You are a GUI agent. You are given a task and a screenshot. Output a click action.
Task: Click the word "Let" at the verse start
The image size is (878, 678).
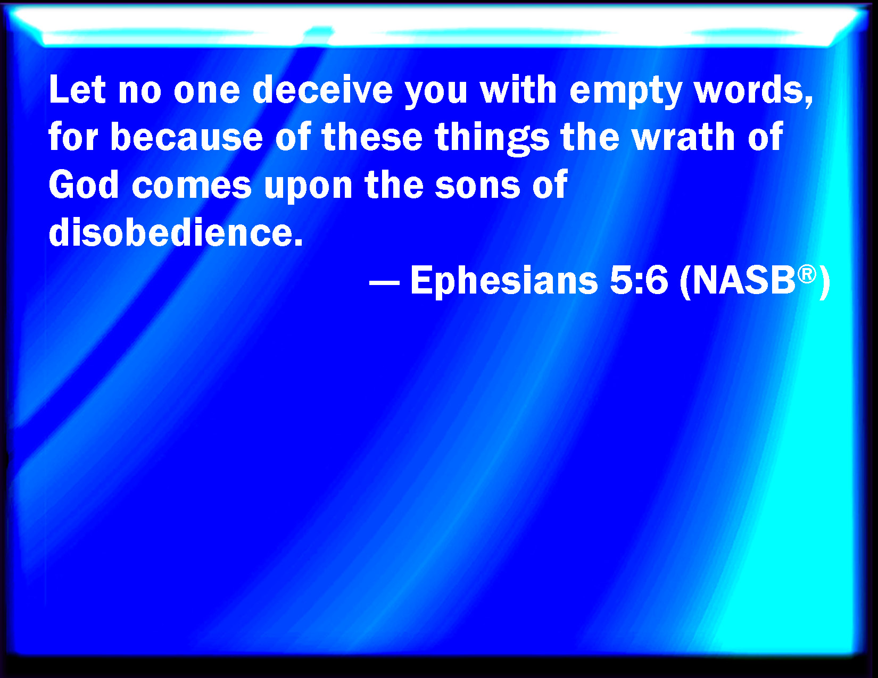tap(77, 89)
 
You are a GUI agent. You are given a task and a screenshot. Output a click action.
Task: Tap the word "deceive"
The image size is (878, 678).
tap(322, 89)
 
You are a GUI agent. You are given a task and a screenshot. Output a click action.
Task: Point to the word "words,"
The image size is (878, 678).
tap(753, 91)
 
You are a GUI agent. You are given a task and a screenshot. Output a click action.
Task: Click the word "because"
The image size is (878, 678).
tap(187, 137)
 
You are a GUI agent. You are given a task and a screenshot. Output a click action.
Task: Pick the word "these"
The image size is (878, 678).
tap(372, 137)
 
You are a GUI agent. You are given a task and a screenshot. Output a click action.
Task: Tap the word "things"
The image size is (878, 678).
tap(492, 139)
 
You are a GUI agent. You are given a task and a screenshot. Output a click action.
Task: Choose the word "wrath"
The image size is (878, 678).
tap(683, 137)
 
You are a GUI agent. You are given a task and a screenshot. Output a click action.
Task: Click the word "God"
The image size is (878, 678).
tap(84, 185)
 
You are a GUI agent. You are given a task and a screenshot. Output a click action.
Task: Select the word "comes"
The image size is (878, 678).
tap(192, 187)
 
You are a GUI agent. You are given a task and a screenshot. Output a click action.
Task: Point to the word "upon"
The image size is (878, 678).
tap(308, 189)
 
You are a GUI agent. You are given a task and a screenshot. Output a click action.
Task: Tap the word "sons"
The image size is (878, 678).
tap(478, 187)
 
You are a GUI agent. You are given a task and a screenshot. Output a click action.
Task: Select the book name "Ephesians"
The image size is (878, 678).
tap(504, 281)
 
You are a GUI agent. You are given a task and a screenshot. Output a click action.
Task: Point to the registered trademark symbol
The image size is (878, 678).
tap(807, 274)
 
